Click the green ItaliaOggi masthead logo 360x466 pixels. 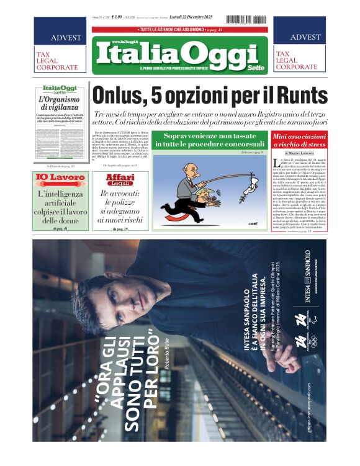pos(180,55)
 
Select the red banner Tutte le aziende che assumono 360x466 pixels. pos(180,30)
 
